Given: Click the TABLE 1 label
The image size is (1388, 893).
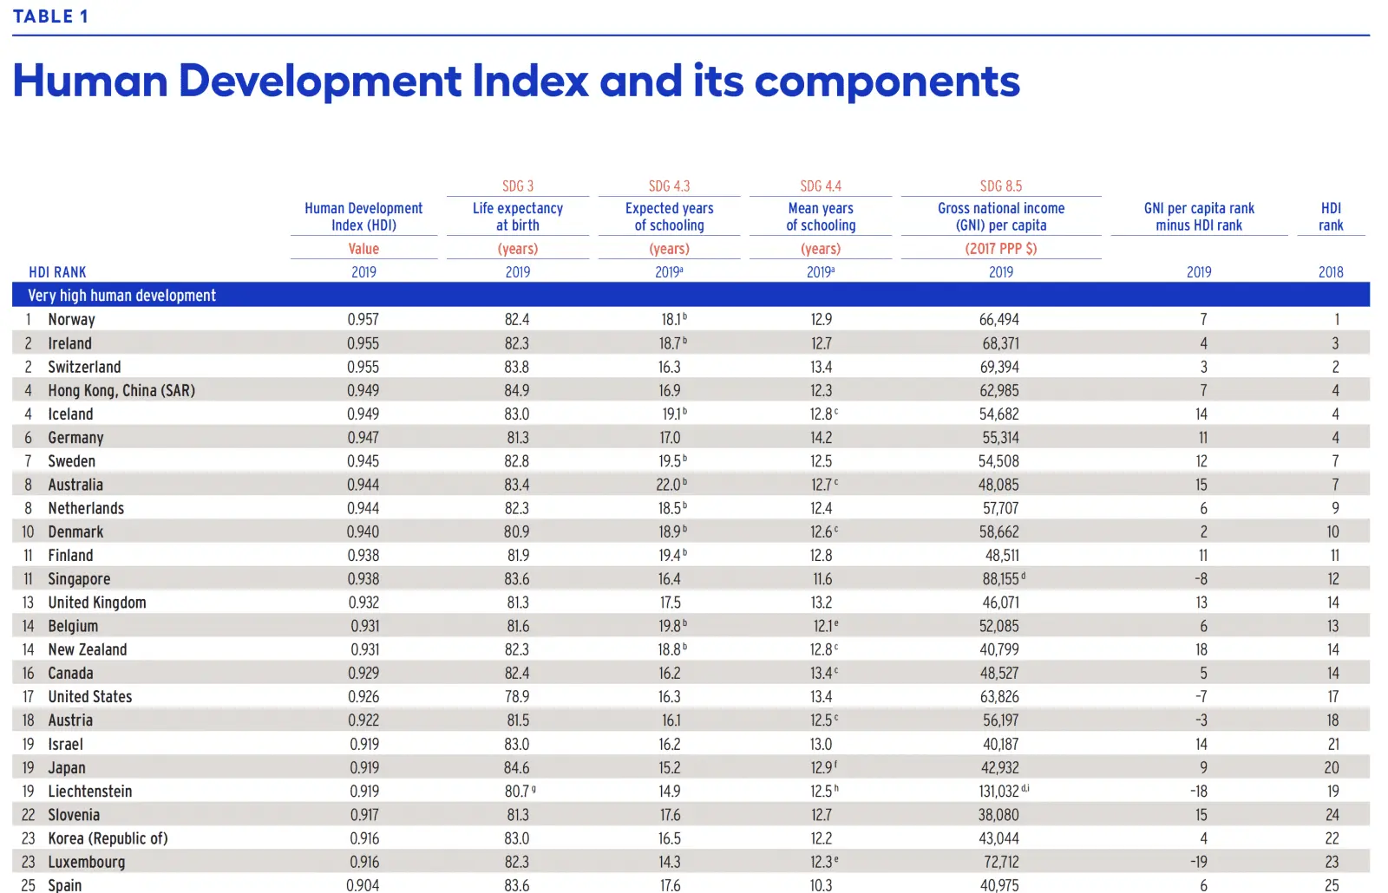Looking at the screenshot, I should (x=50, y=16).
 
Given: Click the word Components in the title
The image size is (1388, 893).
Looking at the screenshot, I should (x=887, y=81).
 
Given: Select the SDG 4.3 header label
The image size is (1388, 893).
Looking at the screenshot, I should (x=669, y=186).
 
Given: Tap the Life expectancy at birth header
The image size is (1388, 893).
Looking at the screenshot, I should (x=518, y=217).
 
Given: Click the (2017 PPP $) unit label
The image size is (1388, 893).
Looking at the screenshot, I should (x=1000, y=249).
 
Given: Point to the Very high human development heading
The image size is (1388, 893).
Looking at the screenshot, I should (x=122, y=296).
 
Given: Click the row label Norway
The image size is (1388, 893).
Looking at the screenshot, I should (x=71, y=320).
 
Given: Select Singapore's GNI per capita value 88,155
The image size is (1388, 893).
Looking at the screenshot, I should (x=1000, y=579).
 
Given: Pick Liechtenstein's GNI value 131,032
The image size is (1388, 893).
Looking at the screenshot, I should (x=998, y=792).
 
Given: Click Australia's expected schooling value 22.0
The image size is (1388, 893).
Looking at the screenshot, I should (x=669, y=486).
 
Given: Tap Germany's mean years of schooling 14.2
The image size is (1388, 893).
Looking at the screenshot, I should (x=821, y=438).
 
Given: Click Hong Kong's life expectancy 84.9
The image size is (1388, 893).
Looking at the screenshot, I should (x=517, y=391).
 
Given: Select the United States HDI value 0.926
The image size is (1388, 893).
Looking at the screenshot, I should (x=363, y=697).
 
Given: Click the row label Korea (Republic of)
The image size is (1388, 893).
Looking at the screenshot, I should (x=108, y=839).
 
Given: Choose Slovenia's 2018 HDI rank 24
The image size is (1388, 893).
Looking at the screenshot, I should (x=1332, y=815).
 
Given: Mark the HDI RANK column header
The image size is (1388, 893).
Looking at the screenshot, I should (x=57, y=272).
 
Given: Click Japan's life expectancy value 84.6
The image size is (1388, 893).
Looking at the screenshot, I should (x=516, y=768).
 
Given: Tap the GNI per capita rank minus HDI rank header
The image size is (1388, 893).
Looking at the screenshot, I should (x=1199, y=217).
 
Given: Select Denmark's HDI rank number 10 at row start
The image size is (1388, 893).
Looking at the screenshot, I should (x=28, y=532).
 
